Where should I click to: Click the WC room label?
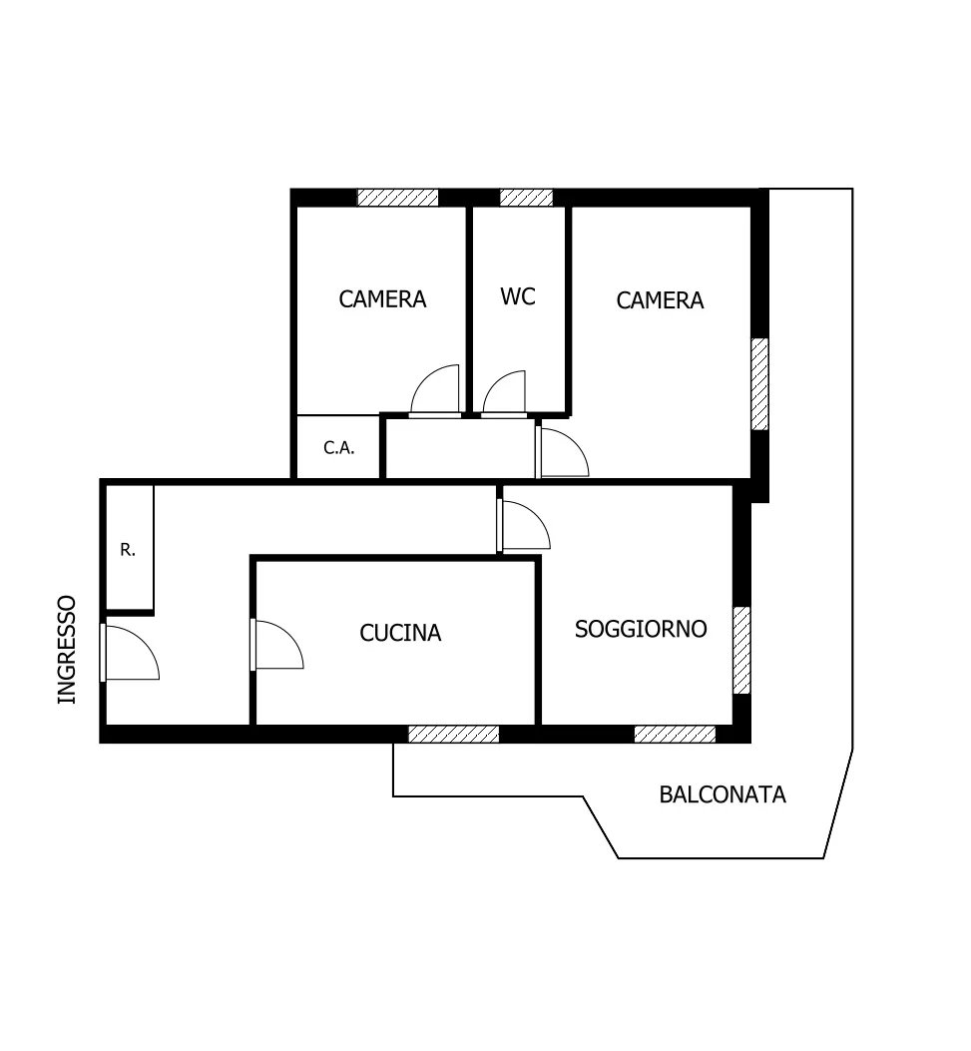(x=517, y=296)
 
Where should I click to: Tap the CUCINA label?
(x=400, y=633)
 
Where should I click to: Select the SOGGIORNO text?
(x=641, y=629)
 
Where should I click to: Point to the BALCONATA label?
(x=723, y=794)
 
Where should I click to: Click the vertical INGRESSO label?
(x=67, y=650)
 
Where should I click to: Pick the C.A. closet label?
(x=338, y=448)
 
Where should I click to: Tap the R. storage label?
(x=128, y=550)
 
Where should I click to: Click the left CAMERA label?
(x=382, y=299)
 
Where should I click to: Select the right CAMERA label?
(x=660, y=300)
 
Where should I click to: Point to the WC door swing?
(x=504, y=391)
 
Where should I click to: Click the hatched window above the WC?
(x=526, y=197)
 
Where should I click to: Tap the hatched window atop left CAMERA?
(x=397, y=197)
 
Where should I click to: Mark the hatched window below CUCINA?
(x=454, y=734)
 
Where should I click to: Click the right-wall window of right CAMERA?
(x=759, y=384)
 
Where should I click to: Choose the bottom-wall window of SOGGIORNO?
(x=675, y=734)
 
